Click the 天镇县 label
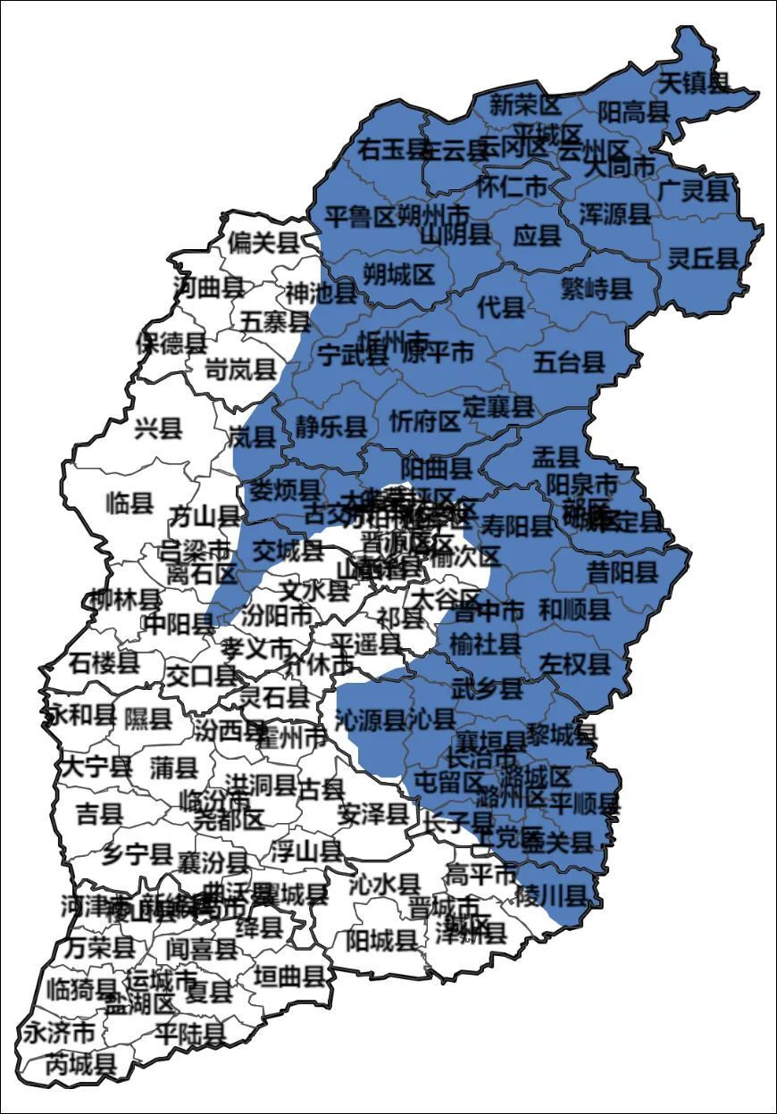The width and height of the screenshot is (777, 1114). click(694, 83)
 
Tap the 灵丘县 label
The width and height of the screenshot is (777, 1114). click(704, 259)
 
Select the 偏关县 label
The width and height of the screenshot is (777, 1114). click(262, 242)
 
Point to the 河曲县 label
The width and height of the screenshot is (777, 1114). click(208, 287)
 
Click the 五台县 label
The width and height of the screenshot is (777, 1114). click(569, 362)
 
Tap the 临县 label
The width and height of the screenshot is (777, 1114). click(129, 503)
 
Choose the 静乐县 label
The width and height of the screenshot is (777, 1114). click(331, 427)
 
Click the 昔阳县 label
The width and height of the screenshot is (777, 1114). click(622, 572)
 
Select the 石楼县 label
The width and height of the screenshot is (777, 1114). click(104, 662)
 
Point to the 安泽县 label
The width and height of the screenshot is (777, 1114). click(373, 813)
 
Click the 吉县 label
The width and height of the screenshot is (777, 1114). click(99, 813)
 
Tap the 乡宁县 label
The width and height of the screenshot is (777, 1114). click(136, 854)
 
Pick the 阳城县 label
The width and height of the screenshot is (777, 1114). click(381, 939)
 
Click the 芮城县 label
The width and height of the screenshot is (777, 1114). click(80, 1063)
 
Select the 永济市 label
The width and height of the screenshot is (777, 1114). click(58, 1033)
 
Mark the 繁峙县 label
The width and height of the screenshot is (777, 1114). click(596, 287)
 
